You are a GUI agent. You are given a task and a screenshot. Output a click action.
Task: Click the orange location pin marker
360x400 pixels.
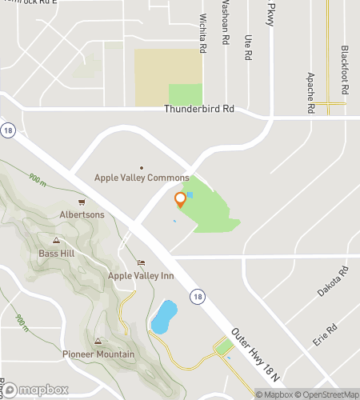[180, 200]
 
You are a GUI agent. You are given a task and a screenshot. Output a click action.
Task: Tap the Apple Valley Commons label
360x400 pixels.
[142, 178]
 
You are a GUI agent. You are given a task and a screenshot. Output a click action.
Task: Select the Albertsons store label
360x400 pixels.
[82, 214]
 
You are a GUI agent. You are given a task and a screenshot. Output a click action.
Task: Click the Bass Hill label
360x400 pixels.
[55, 254]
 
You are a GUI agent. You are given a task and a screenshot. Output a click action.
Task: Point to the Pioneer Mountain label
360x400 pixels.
[98, 354]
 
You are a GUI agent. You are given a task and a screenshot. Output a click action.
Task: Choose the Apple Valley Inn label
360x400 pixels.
[142, 276]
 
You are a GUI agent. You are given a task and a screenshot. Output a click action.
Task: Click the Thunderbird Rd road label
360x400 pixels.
[199, 109]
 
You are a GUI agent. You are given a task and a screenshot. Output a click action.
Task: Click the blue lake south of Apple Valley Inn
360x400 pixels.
[164, 318]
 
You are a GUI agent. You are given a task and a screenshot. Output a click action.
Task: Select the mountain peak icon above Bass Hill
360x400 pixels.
[55, 240]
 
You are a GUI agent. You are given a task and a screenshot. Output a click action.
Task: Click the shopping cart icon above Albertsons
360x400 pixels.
[82, 202]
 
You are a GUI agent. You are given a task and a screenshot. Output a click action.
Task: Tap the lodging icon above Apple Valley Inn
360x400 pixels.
[142, 262]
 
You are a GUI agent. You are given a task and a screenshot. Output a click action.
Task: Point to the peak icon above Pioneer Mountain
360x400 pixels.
[98, 341]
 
